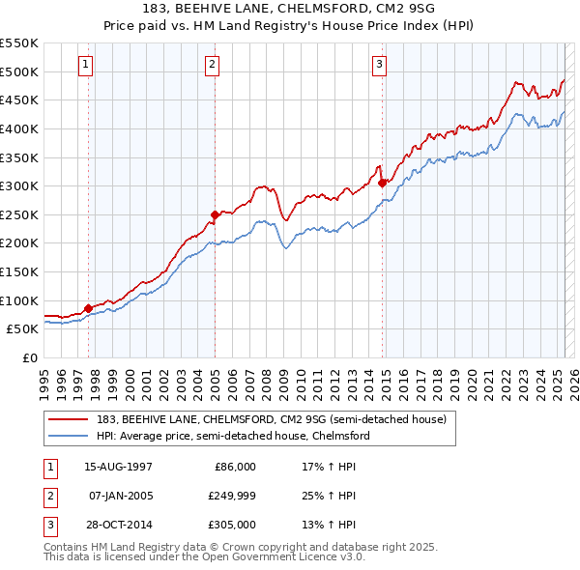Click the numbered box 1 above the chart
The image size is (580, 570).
[86, 65]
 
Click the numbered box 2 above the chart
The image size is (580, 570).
[212, 65]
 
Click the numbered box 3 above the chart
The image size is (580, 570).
[379, 65]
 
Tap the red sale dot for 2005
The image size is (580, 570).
[215, 214]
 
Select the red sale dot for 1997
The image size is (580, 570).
[89, 308]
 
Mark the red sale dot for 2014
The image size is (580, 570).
[383, 183]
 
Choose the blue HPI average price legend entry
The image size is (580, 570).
[232, 436]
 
